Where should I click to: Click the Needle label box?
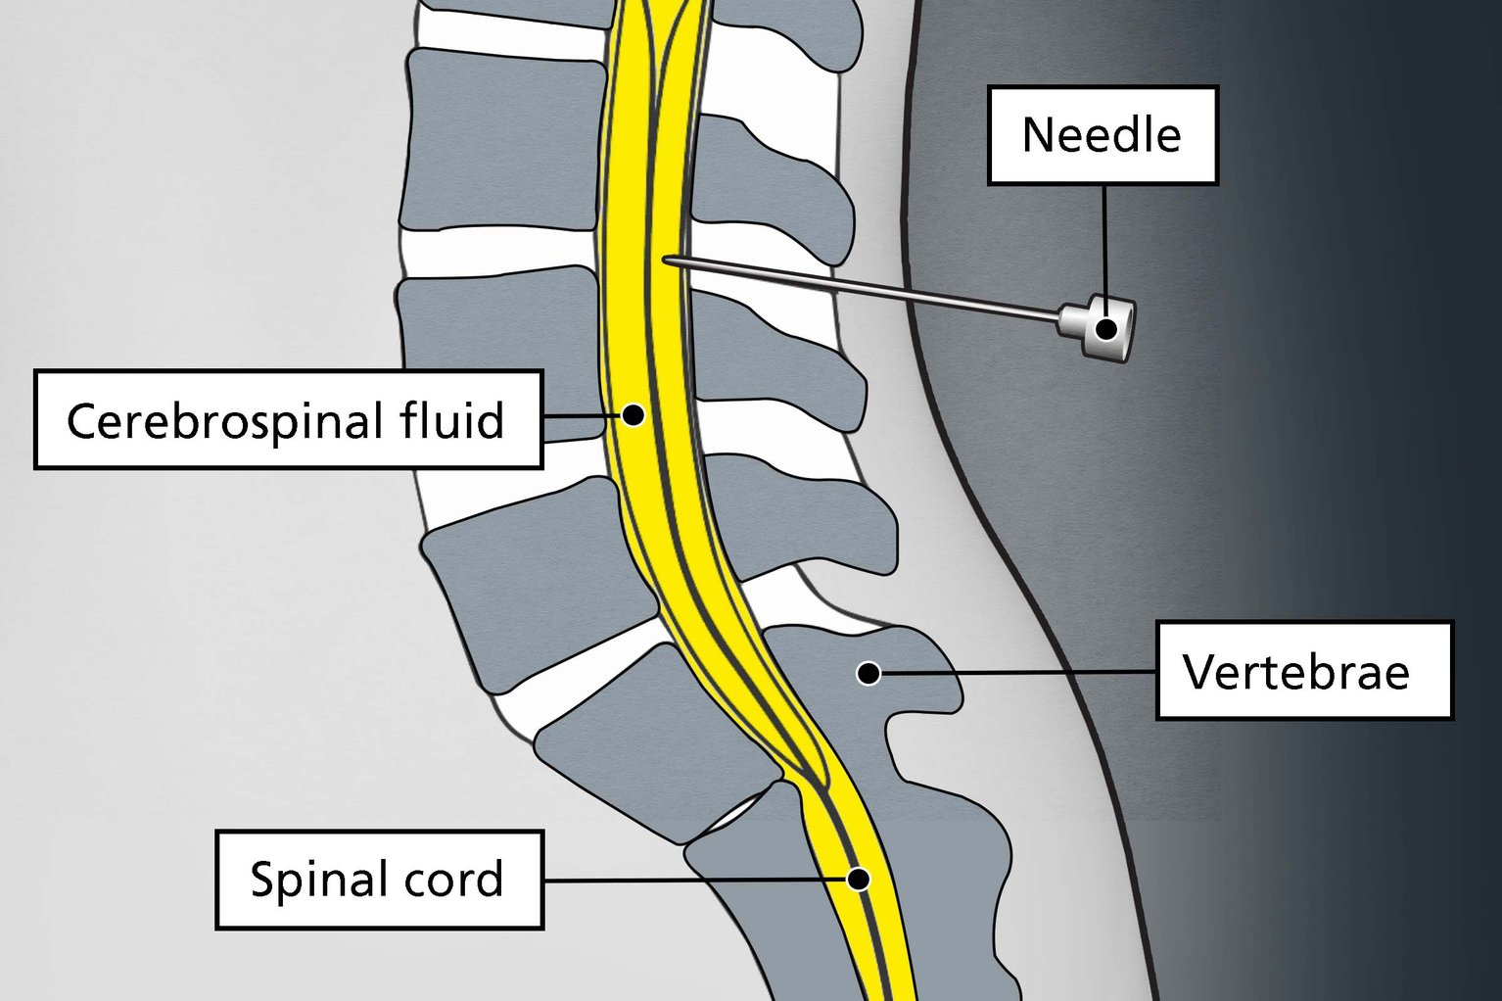tap(1102, 135)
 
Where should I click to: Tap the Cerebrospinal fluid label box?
tap(288, 420)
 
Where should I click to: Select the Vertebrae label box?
tap(1303, 671)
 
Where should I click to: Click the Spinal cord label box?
tap(379, 880)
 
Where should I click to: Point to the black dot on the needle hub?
tap(1106, 329)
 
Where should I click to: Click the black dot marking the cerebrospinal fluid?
tap(634, 414)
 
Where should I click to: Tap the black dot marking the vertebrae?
tap(868, 673)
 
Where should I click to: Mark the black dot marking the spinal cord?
tap(858, 879)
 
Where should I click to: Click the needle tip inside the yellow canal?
tap(667, 260)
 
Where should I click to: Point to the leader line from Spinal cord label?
tap(685, 880)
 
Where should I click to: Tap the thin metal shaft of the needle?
tap(862, 289)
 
